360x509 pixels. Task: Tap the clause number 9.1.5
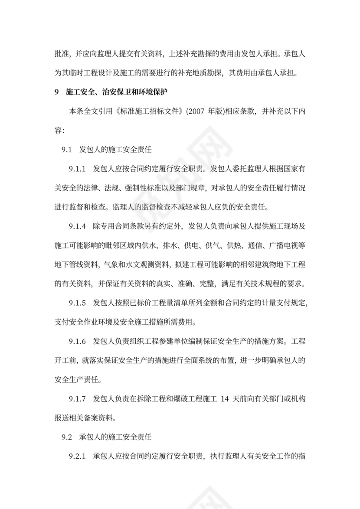pyautogui.click(x=78, y=303)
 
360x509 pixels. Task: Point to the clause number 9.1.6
pyautogui.click(x=78, y=341)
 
